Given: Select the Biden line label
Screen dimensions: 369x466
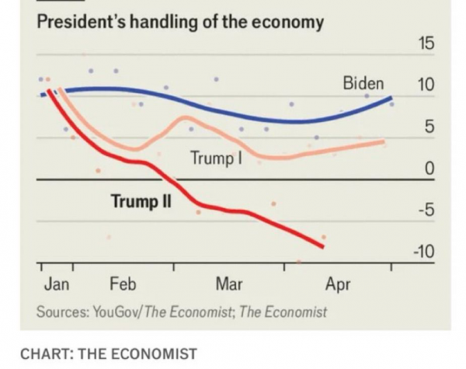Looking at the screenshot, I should (363, 83).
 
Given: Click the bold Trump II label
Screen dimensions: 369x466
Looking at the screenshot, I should (141, 203).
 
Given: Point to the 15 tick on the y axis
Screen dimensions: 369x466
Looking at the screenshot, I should (426, 44).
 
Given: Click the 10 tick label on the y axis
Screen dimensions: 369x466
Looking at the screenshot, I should (426, 85).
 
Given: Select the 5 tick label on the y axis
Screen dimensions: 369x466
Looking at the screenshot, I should (430, 127).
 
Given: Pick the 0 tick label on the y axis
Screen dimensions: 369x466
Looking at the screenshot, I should (430, 169).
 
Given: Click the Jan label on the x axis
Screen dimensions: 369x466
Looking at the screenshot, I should (57, 284).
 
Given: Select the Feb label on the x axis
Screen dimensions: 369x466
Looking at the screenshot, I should (123, 284).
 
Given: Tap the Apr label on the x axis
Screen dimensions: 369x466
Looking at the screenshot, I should (338, 284).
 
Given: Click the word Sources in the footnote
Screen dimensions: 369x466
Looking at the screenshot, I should (61, 312).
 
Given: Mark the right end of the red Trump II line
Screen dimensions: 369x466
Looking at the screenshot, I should (322, 247).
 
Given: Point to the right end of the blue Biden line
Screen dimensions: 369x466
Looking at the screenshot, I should (391, 97).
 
